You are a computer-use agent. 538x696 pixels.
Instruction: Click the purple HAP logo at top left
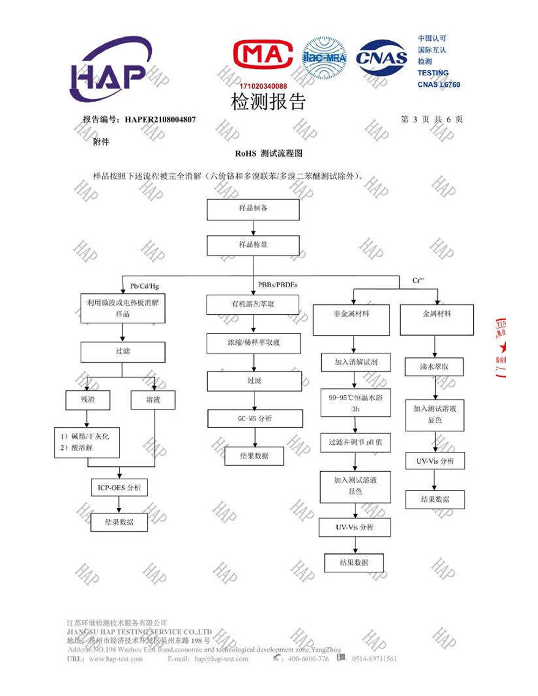pos(110,70)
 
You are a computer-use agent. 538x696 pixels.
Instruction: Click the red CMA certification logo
pos(263,55)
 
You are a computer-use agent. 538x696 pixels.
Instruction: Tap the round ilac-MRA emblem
pos(324,58)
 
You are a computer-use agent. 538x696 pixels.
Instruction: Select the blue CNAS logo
pos(381,58)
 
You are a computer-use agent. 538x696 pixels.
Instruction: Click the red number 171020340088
pos(263,86)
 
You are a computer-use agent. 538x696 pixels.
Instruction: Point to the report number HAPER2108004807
pos(160,119)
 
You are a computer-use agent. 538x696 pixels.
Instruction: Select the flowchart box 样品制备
pos(253,209)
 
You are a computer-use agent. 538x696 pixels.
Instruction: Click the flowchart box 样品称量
pos(253,245)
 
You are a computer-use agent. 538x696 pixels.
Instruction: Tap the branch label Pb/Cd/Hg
pos(144,286)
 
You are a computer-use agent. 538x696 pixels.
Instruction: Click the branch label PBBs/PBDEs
pos(278,285)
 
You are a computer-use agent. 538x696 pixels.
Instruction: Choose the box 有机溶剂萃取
pos(253,304)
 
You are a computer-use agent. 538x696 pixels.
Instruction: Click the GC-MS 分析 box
pos(255,418)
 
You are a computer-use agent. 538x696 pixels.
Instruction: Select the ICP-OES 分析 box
pos(119,488)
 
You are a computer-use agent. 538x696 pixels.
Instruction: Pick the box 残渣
pos(88,400)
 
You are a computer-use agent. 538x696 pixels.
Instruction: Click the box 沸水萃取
pos(434,367)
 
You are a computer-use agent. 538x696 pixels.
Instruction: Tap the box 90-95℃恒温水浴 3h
pos(355,403)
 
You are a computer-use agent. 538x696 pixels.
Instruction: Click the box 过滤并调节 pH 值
pos(355,442)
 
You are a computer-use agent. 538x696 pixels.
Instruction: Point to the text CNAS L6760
pos(438,84)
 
